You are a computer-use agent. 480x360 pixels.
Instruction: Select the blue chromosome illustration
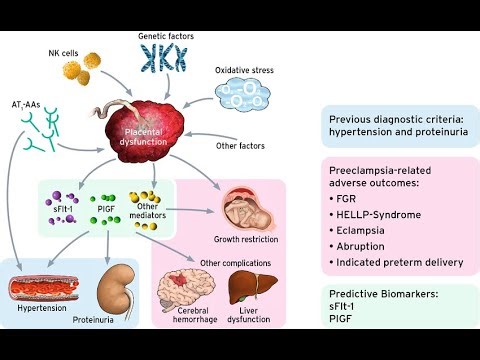pyautogui.click(x=165, y=61)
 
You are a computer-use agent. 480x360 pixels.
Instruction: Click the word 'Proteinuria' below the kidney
pyautogui.click(x=118, y=323)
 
